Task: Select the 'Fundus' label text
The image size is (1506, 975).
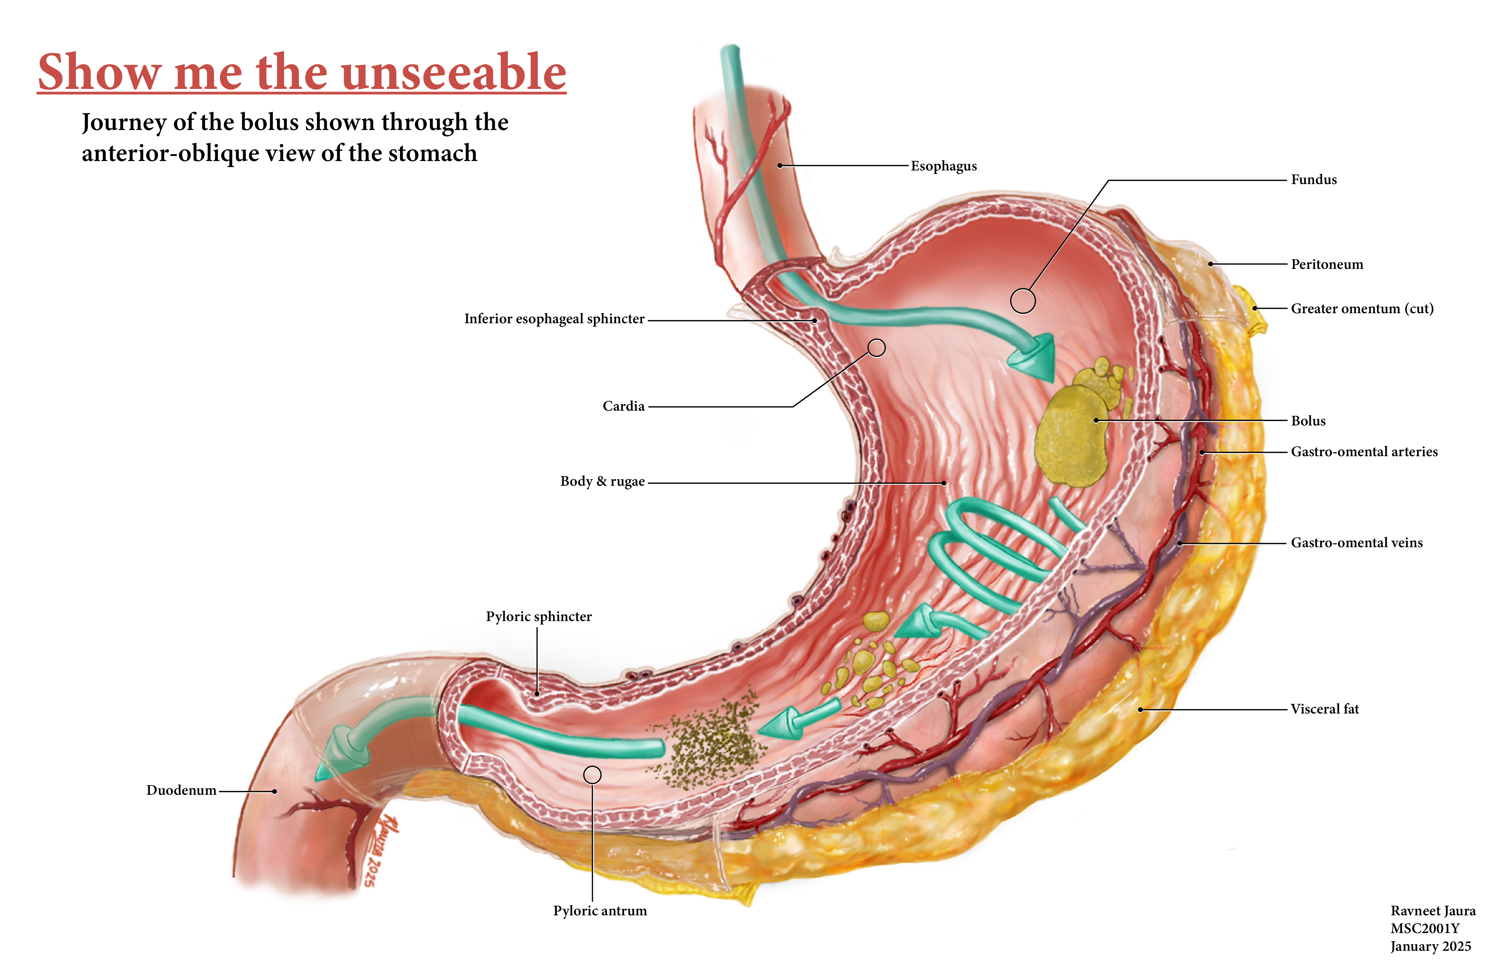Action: (x=1314, y=180)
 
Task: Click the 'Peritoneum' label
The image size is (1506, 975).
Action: (x=1327, y=265)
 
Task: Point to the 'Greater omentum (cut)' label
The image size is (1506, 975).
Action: (x=1362, y=309)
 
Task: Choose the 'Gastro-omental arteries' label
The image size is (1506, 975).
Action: (x=1364, y=452)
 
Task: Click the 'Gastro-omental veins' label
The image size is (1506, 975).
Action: (x=1357, y=543)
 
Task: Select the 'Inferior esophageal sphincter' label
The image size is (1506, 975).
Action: (x=554, y=319)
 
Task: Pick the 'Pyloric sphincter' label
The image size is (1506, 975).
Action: (x=539, y=617)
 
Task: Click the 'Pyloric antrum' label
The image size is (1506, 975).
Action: (x=600, y=911)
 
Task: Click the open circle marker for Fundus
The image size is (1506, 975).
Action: (x=1023, y=301)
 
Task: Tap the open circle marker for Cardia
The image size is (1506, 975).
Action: (x=876, y=347)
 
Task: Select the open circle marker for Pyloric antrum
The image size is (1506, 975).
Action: (x=592, y=775)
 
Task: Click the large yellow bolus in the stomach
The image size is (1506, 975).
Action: (x=1069, y=437)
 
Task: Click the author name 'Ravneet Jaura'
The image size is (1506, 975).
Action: (x=1432, y=911)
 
